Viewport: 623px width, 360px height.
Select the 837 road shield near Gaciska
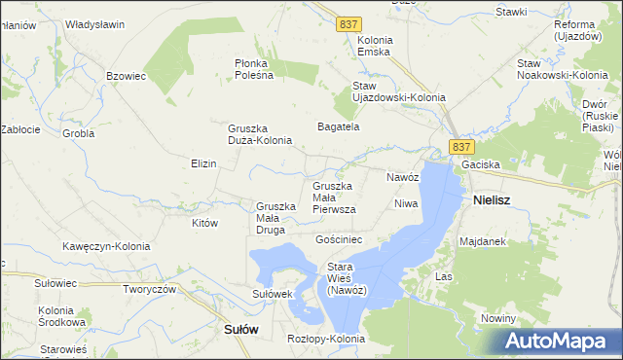pos(462,146)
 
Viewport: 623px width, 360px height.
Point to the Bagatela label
pos(340,126)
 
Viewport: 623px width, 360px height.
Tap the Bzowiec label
pos(126,75)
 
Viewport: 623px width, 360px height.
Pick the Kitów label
pos(204,223)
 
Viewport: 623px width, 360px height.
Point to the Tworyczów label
pos(149,289)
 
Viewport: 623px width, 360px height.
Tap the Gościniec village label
pos(339,238)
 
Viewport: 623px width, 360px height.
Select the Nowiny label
pos(497,319)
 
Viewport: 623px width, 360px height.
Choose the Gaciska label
pos(481,165)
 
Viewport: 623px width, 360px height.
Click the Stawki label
pos(511,12)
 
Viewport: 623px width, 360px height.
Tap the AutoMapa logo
pos(560,342)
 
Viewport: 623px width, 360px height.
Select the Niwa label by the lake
pos(406,203)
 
